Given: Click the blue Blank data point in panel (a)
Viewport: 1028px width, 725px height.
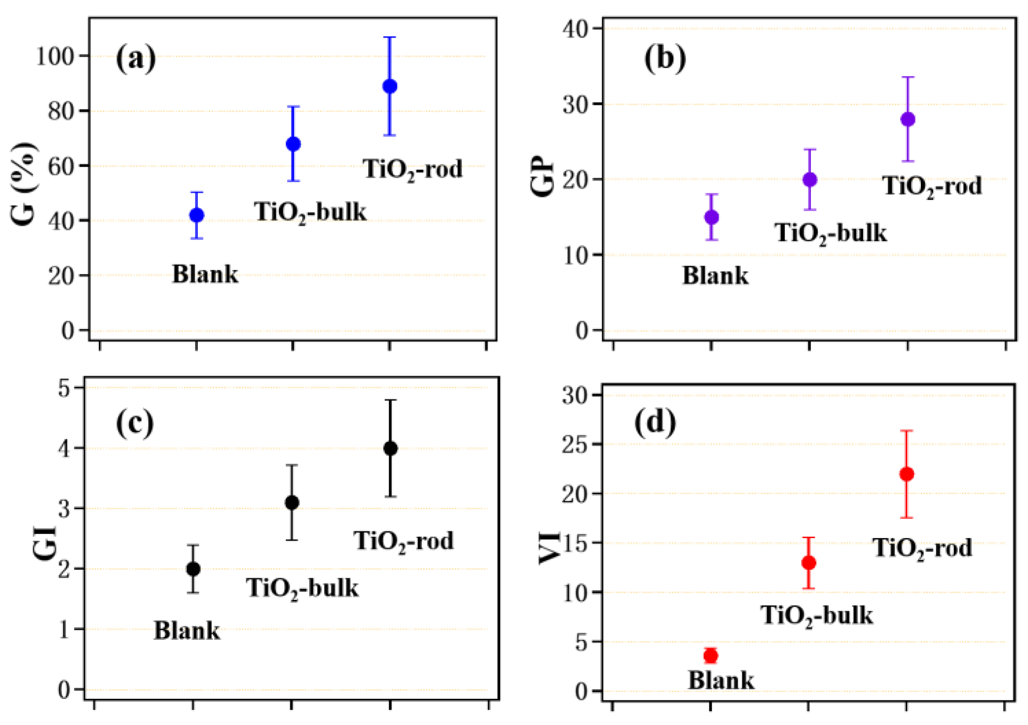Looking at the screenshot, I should pos(196,215).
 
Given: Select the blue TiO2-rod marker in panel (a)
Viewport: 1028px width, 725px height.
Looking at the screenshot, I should pos(390,86).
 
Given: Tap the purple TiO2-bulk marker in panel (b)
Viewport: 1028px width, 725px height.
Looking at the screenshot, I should pos(810,180).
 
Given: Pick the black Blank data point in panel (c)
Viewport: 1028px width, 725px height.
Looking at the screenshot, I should pos(193,569).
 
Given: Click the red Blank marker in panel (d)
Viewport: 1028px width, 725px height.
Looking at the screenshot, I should pos(710,655).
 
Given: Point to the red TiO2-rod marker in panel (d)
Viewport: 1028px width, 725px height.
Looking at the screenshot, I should pos(907,474).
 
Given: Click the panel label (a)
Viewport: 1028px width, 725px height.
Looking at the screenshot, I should pos(136,59).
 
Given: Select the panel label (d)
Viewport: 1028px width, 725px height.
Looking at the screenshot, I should pos(655,422).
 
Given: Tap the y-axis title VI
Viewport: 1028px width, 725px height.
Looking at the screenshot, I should pos(549,547).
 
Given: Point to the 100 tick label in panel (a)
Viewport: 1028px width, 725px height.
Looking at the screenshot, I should pos(55,57).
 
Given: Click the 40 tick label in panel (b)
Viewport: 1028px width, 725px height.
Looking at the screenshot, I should pos(576,29).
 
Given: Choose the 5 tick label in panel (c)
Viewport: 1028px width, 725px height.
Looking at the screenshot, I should pos(64,388).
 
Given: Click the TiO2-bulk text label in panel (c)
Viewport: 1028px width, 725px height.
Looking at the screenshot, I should pos(302,589).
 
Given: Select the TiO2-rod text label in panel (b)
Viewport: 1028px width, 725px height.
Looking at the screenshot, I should pos(932,186).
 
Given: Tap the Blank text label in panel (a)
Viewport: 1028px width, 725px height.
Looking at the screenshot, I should pos(205,274).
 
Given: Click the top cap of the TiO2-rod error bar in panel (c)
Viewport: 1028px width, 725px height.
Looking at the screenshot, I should pos(390,400).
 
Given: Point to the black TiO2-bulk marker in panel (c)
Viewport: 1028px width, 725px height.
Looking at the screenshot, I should pos(292,502).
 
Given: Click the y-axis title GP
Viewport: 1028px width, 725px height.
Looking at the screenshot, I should pos(543,177).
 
